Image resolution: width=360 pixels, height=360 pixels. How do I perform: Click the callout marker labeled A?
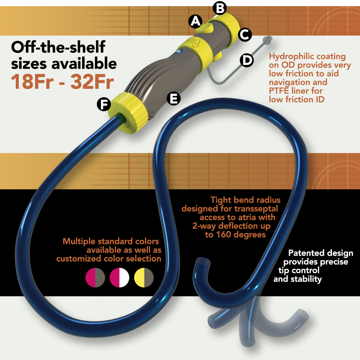tap(195, 22)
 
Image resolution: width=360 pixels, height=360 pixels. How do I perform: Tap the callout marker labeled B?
tap(220, 9)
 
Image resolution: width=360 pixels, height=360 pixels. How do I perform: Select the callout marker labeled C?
tap(245, 35)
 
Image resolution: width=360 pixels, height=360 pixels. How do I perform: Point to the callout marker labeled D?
tap(247, 60)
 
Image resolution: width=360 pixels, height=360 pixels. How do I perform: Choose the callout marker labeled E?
tap(174, 99)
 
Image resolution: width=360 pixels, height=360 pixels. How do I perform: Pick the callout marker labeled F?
tap(104, 104)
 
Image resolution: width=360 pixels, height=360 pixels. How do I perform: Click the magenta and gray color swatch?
tap(95, 278)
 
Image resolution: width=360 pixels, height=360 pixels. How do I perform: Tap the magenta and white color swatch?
tap(120, 278)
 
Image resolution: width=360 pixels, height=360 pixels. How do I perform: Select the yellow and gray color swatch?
tap(144, 278)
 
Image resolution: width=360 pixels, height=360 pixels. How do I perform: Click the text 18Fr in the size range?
tap(32, 81)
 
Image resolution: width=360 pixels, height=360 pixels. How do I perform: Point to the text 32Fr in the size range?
tap(92, 81)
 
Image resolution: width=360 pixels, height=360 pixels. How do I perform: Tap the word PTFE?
tap(279, 91)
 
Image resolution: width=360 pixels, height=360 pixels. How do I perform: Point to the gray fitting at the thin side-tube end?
tap(267, 40)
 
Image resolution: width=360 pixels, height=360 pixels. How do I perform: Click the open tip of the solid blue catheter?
tap(203, 261)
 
